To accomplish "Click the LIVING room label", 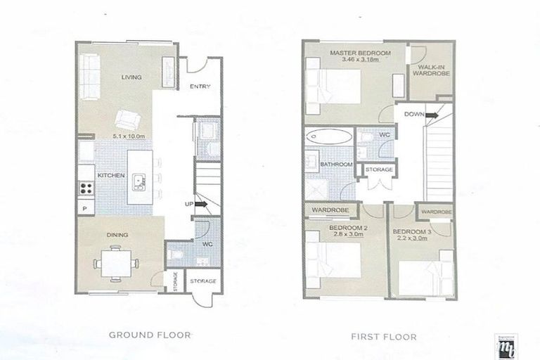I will coord(131,77).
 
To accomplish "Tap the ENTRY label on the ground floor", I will coord(200,86).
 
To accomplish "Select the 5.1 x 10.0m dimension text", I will coord(127,136).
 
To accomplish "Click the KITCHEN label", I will coord(111,175).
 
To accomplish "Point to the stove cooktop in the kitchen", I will coord(86,188).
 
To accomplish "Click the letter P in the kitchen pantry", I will coord(84,209).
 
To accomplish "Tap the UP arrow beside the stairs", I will coord(200,205).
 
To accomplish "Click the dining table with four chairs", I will coord(116,263).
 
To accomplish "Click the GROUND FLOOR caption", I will coord(149,335).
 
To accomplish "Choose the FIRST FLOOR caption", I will coord(383,337).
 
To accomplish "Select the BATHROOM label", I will coord(336,165).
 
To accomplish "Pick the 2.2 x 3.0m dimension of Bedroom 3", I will coord(410,239).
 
